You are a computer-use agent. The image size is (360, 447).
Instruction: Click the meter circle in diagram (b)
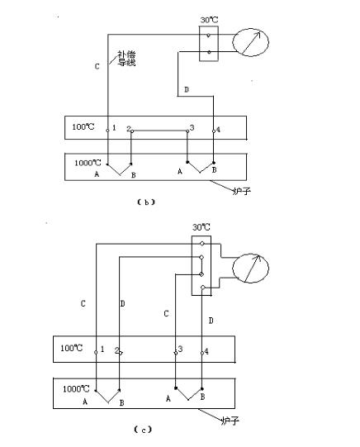[x=233, y=42]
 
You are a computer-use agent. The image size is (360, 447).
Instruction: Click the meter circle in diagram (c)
[x=233, y=268]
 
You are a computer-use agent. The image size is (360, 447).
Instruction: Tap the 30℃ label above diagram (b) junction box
[x=209, y=20]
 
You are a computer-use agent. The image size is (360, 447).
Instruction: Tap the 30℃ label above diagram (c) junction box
[x=201, y=227]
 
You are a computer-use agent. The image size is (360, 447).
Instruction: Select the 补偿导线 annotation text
[x=126, y=59]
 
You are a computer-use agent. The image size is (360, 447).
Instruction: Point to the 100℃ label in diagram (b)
[x=83, y=126]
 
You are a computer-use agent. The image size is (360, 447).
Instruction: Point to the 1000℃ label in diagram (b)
[x=88, y=163]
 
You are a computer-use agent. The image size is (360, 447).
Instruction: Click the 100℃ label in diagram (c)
[x=72, y=348]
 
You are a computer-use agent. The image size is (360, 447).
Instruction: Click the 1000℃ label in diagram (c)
[x=76, y=388]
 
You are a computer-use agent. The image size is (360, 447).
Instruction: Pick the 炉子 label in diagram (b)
[x=242, y=190]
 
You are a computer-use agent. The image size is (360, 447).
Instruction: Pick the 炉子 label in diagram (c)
[x=230, y=421]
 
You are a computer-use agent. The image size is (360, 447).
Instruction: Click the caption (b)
[x=146, y=202]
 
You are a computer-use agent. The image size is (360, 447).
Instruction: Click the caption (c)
[x=143, y=430]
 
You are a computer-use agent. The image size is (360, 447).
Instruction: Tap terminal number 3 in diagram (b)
[x=192, y=127]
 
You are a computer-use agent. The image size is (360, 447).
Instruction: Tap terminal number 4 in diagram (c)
[x=206, y=351]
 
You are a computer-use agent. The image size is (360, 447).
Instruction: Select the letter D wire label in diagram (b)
[x=187, y=89]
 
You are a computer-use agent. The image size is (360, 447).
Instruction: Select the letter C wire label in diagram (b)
[x=97, y=66]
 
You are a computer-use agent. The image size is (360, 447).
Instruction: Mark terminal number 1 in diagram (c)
[x=102, y=349]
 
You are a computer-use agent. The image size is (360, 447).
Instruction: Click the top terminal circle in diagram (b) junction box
[x=208, y=36]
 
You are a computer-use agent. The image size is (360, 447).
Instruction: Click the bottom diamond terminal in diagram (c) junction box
[x=203, y=288]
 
